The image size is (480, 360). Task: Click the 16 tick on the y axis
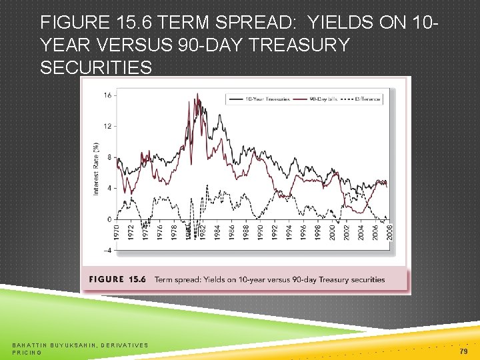tap(107, 95)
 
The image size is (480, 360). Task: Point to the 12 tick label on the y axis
tap(107, 125)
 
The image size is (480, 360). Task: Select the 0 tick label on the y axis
tap(109, 219)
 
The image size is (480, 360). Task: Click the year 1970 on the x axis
tap(117, 233)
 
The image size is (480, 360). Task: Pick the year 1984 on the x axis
tap(217, 233)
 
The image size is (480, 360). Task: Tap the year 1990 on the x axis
tap(260, 233)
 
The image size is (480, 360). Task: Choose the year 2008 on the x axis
tap(389, 233)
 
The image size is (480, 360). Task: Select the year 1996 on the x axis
tap(303, 233)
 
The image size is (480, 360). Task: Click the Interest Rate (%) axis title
tap(96, 169)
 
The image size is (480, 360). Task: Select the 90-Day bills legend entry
tap(324, 99)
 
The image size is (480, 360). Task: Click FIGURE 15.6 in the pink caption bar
tap(117, 279)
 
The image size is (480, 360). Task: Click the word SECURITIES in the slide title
tap(96, 69)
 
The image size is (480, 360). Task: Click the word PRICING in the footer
tap(27, 352)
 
